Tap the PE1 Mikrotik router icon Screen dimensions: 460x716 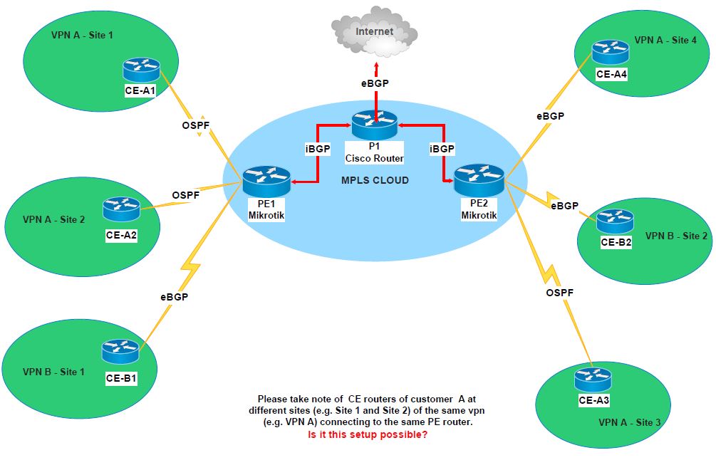pos(266,182)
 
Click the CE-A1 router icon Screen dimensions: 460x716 pos(140,70)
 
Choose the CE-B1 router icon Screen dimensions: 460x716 pos(120,351)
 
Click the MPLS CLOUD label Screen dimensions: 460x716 pos(375,180)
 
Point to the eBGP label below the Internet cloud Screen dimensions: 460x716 pos(375,83)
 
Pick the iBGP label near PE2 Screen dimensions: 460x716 pos(442,149)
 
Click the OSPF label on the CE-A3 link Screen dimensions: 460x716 pos(559,293)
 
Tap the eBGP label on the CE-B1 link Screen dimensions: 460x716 pos(174,297)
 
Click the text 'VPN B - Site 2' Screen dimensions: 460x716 pos(677,236)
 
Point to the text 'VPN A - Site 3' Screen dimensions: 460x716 pos(630,422)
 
